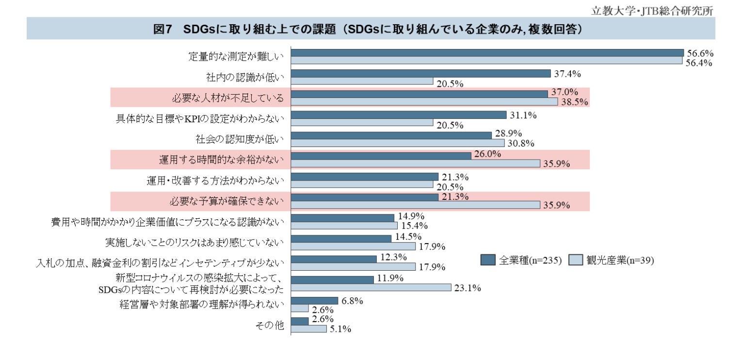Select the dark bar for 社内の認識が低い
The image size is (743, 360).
tap(420, 74)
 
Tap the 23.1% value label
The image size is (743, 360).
tap(468, 288)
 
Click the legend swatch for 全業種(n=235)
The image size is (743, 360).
tap(488, 260)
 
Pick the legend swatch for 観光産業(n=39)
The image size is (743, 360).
tap(575, 260)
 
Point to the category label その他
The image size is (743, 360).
tap(270, 325)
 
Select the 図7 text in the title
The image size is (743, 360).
tap(163, 29)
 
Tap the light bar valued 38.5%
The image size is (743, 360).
tap(424, 102)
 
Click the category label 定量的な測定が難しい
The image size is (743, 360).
tap(236, 57)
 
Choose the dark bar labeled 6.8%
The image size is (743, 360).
tap(314, 301)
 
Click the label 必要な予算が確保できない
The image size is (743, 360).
tap(226, 200)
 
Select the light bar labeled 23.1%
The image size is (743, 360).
tap(371, 288)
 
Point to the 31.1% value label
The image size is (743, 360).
tap(522, 115)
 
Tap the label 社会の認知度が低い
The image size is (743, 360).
tap(240, 139)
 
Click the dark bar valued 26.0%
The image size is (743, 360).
tap(381, 156)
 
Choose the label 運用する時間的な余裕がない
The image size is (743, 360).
tap(221, 159)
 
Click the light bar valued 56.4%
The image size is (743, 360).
tap(486, 61)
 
